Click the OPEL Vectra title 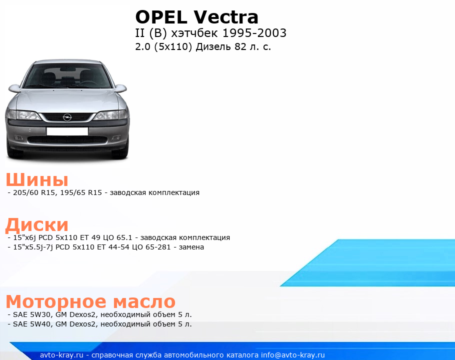click(196, 17)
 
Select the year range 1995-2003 click(254, 33)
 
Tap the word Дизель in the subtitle click(213, 46)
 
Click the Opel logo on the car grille click(67, 117)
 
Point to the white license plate click(67, 131)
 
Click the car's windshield click(67, 76)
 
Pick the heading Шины click(37, 179)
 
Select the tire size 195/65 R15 click(81, 192)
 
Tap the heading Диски click(37, 225)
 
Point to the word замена click(191, 247)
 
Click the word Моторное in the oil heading click(56, 301)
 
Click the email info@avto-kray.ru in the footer click(293, 355)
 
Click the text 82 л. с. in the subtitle click(252, 46)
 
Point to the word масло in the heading click(144, 302)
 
